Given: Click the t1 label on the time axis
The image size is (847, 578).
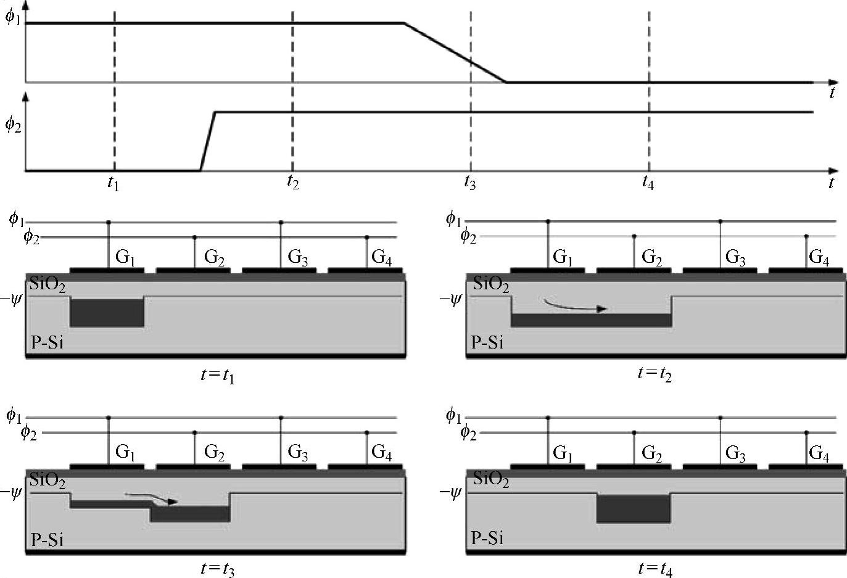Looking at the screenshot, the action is pos(112,183).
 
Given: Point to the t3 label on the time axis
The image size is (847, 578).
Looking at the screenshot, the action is pos(470,183).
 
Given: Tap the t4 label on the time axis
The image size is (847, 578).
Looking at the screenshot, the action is pos(647,183).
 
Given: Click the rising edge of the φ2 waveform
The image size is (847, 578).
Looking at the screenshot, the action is pos(207,141).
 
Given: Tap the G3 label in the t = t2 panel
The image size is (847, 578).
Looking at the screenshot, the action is pos(735,257).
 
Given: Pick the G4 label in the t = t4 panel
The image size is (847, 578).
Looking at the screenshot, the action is pos(819,454).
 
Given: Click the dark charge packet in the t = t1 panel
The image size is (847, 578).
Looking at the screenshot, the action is pos(107,313).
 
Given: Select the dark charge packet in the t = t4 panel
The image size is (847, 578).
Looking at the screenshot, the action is pos(633,509).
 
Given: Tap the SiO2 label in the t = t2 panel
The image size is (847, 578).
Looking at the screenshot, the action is pos(491,284).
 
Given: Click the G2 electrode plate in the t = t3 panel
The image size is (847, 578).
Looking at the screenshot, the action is pos(193,466).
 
